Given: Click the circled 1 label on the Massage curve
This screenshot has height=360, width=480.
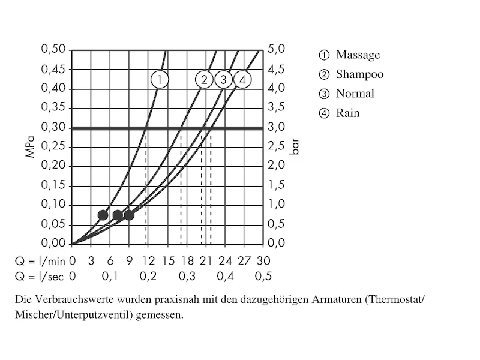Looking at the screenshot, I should point(160,79).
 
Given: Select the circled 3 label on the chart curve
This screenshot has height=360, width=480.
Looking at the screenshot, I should point(223,79).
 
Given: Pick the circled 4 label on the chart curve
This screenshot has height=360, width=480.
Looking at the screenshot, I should point(242,79).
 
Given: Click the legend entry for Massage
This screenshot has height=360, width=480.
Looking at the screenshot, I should point(358,55).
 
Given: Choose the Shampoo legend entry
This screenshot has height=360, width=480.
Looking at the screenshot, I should point(359,74).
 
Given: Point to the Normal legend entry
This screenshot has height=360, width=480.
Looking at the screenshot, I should point(355,94).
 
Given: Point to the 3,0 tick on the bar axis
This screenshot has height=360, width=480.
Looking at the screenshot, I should point(277,127).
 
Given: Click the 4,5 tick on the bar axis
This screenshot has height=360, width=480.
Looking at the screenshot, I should point(277,69).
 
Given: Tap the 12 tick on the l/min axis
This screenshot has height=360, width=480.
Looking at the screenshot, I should point(148,261).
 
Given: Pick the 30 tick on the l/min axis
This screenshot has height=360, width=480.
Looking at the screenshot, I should point(263,261).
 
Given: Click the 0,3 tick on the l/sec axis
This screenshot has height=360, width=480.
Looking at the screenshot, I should point(187,276).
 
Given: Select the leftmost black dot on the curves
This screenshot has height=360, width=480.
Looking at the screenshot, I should point(103,215).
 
